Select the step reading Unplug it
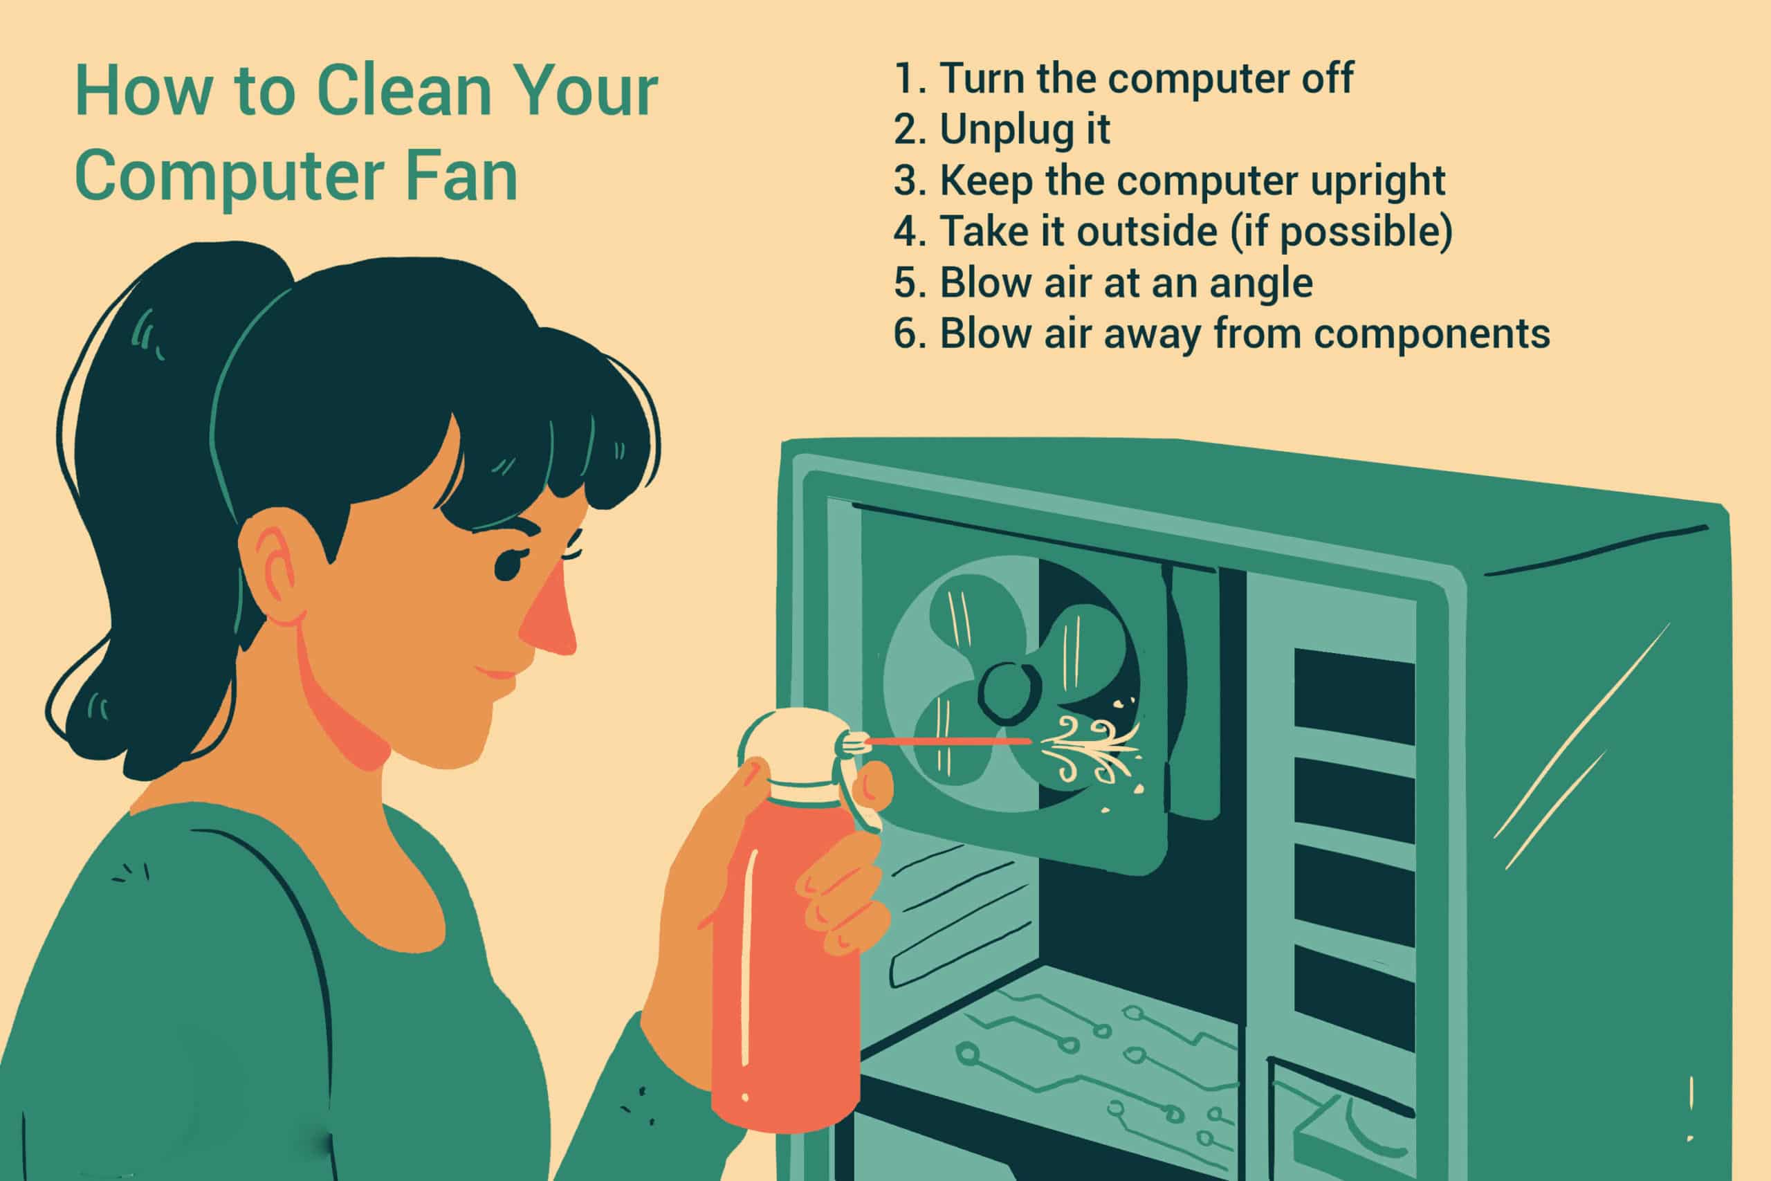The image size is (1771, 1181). click(1002, 129)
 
